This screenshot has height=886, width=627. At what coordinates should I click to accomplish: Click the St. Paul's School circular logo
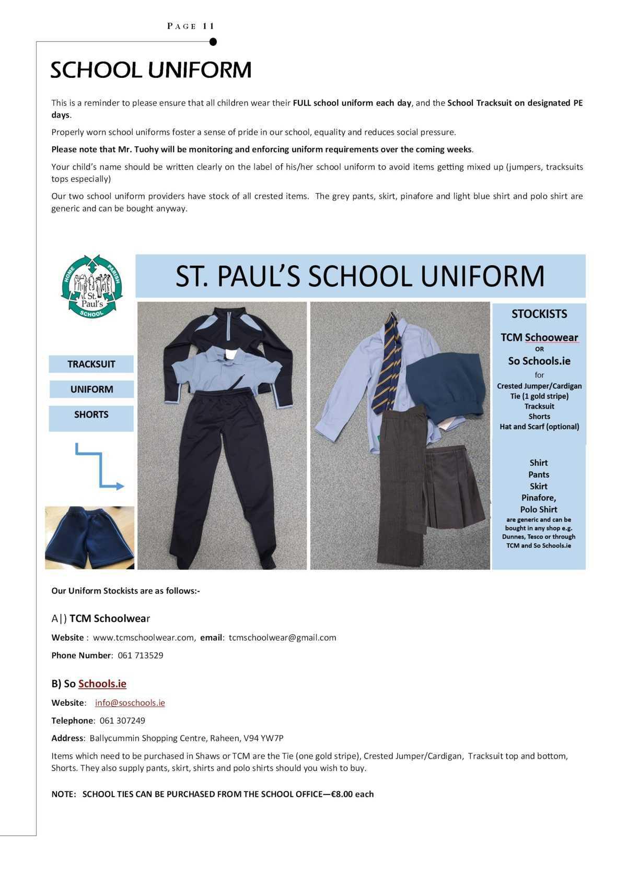click(x=91, y=286)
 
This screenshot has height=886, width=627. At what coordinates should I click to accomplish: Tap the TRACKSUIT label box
click(x=91, y=364)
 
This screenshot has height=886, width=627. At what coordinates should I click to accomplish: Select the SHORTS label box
click(x=91, y=415)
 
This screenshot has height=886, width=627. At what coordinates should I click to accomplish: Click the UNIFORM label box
click(x=91, y=389)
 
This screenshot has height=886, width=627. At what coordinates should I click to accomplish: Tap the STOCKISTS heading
click(x=539, y=314)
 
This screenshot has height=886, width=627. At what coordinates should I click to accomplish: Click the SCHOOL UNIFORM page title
click(x=151, y=70)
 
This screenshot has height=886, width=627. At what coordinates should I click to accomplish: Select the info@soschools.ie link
click(x=130, y=703)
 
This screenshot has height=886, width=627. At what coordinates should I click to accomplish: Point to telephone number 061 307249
click(x=122, y=720)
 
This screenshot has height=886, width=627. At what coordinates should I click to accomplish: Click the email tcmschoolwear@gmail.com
click(x=282, y=637)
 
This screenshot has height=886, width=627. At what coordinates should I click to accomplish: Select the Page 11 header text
click(x=191, y=26)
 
